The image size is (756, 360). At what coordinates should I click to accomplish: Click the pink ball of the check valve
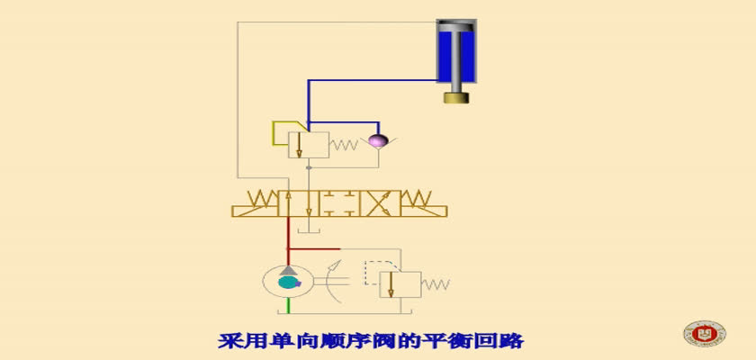pyautogui.click(x=378, y=140)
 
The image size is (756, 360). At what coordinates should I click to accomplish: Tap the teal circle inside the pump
pyautogui.click(x=287, y=283)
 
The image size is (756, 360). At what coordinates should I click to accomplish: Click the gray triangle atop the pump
pyautogui.click(x=288, y=270)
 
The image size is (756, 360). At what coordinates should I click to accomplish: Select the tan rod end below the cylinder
pyautogui.click(x=456, y=98)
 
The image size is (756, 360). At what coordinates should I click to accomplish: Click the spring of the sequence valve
pyautogui.click(x=344, y=144)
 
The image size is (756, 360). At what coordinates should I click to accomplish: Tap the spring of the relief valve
pyautogui.click(x=436, y=284)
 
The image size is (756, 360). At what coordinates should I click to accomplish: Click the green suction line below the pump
pyautogui.click(x=288, y=304)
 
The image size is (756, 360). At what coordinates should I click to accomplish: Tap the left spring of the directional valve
pyautogui.click(x=261, y=198)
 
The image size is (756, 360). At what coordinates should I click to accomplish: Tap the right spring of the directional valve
pyautogui.click(x=416, y=198)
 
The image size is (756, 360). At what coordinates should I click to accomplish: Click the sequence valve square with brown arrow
pyautogui.click(x=309, y=145)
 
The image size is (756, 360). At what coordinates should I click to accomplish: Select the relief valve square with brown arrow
pyautogui.click(x=400, y=284)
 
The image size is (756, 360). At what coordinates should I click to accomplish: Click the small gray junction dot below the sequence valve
pyautogui.click(x=309, y=167)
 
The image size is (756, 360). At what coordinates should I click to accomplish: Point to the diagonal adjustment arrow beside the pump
pyautogui.click(x=334, y=267)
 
